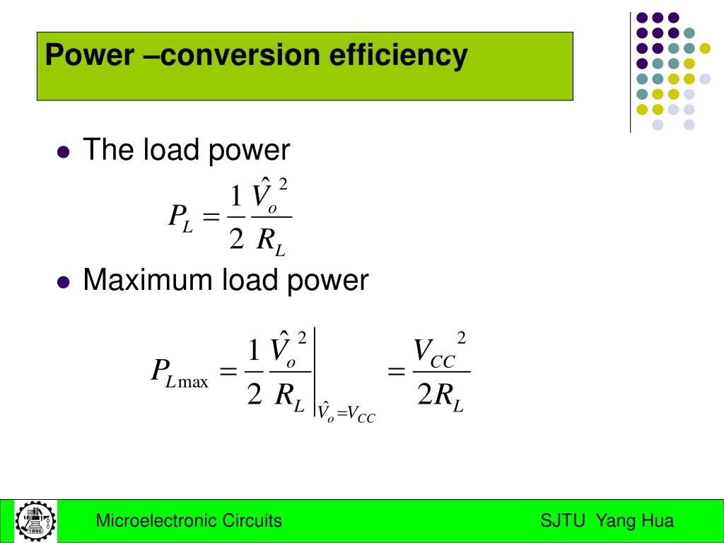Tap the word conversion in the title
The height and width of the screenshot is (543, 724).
(245, 55)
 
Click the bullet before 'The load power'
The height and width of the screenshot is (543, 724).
(64, 152)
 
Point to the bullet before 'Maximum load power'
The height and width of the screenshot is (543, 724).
(64, 282)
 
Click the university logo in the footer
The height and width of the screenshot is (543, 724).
(35, 522)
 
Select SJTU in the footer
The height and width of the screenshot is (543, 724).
(563, 522)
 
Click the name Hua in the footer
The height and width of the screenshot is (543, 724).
(658, 522)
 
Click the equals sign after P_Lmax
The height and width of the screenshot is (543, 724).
(228, 372)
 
